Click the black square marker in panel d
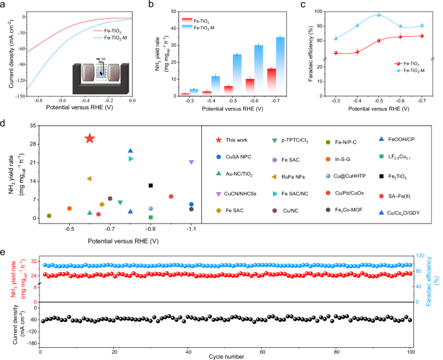151,185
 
